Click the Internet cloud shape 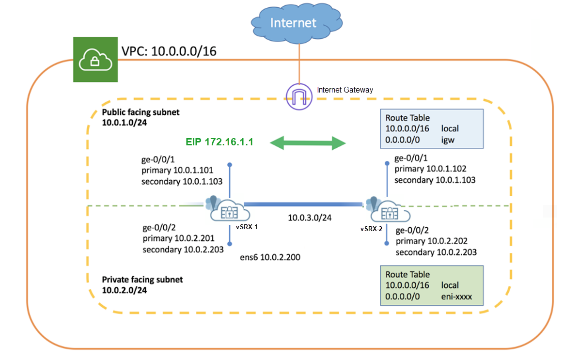pyautogui.click(x=293, y=23)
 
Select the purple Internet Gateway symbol pyautogui.click(x=299, y=96)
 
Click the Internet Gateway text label pyautogui.click(x=345, y=90)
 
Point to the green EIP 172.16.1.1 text pyautogui.click(x=219, y=142)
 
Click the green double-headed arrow pyautogui.click(x=308, y=142)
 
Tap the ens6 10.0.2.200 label pyautogui.click(x=270, y=258)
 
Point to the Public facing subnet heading pyautogui.click(x=141, y=112)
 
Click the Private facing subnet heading pyautogui.click(x=142, y=280)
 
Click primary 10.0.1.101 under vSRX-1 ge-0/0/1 pyautogui.click(x=177, y=171)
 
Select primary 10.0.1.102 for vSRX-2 pyautogui.click(x=430, y=169)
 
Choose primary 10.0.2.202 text pyautogui.click(x=431, y=241)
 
